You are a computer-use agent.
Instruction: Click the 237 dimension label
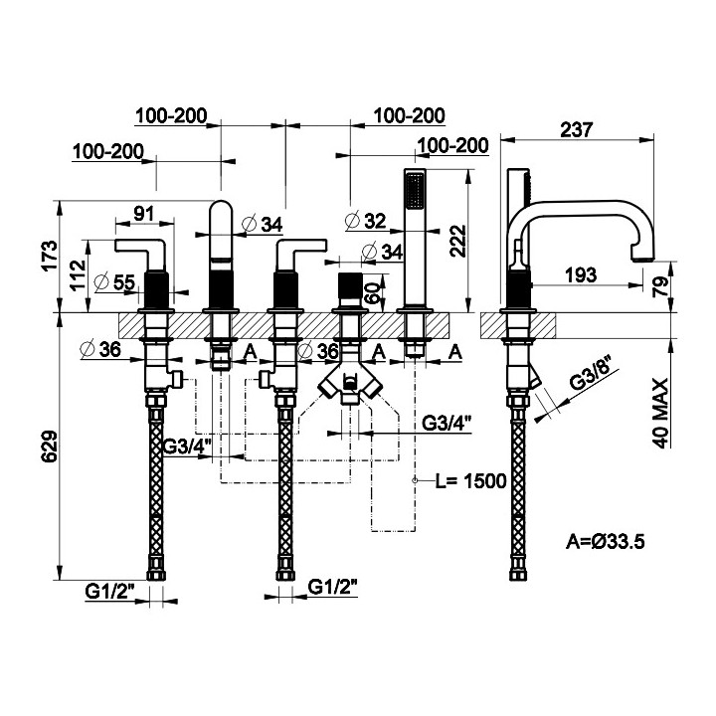pyautogui.click(x=576, y=129)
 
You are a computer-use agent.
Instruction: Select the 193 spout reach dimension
pyautogui.click(x=581, y=274)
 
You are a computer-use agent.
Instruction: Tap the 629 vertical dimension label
pyautogui.click(x=51, y=446)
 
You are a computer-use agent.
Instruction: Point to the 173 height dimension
pyautogui.click(x=51, y=256)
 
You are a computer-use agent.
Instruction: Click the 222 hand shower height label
pyautogui.click(x=457, y=241)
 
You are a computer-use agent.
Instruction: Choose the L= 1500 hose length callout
pyautogui.click(x=470, y=481)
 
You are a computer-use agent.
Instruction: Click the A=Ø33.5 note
pyautogui.click(x=605, y=542)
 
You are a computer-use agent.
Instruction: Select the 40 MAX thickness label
pyautogui.click(x=660, y=414)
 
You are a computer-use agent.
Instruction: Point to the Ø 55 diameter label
pyautogui.click(x=114, y=282)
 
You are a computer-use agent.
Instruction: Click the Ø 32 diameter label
pyautogui.click(x=366, y=221)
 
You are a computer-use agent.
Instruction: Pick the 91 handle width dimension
pyautogui.click(x=144, y=214)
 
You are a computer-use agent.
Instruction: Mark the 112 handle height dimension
pyautogui.click(x=79, y=274)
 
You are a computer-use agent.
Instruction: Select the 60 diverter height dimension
pyautogui.click(x=372, y=293)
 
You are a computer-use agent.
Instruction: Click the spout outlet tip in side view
pyautogui.click(x=643, y=261)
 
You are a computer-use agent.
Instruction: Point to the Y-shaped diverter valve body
pyautogui.click(x=350, y=382)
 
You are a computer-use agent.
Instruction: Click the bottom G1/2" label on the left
pyautogui.click(x=109, y=592)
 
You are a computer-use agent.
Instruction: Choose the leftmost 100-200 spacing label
pyautogui.click(x=108, y=151)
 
